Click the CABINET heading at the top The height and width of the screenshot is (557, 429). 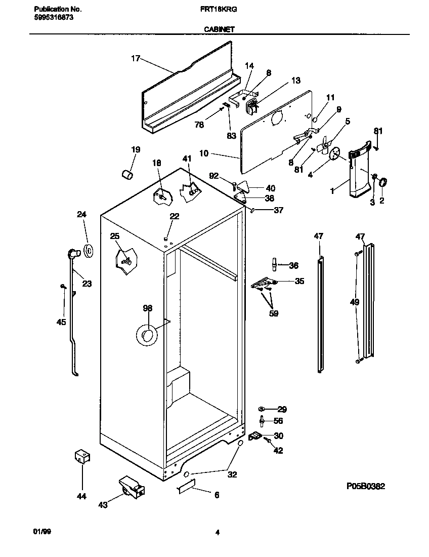tap(219, 30)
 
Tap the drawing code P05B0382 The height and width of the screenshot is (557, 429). tap(366, 486)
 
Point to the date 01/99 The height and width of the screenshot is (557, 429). tap(42, 532)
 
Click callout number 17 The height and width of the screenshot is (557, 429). tap(135, 58)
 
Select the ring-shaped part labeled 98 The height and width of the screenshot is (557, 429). tap(148, 335)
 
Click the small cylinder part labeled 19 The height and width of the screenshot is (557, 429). tap(128, 174)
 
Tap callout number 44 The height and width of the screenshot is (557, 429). tap(81, 496)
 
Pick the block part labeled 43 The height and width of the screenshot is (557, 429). tap(131, 488)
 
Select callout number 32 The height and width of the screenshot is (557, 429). tap(232, 475)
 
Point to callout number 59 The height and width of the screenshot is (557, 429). tap(274, 313)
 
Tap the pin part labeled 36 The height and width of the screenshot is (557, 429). tap(274, 264)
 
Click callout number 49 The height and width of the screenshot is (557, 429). tap(355, 302)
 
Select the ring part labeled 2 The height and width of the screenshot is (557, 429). tap(383, 181)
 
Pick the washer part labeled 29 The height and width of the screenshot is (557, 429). tap(261, 409)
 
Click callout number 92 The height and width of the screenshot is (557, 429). tap(213, 176)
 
